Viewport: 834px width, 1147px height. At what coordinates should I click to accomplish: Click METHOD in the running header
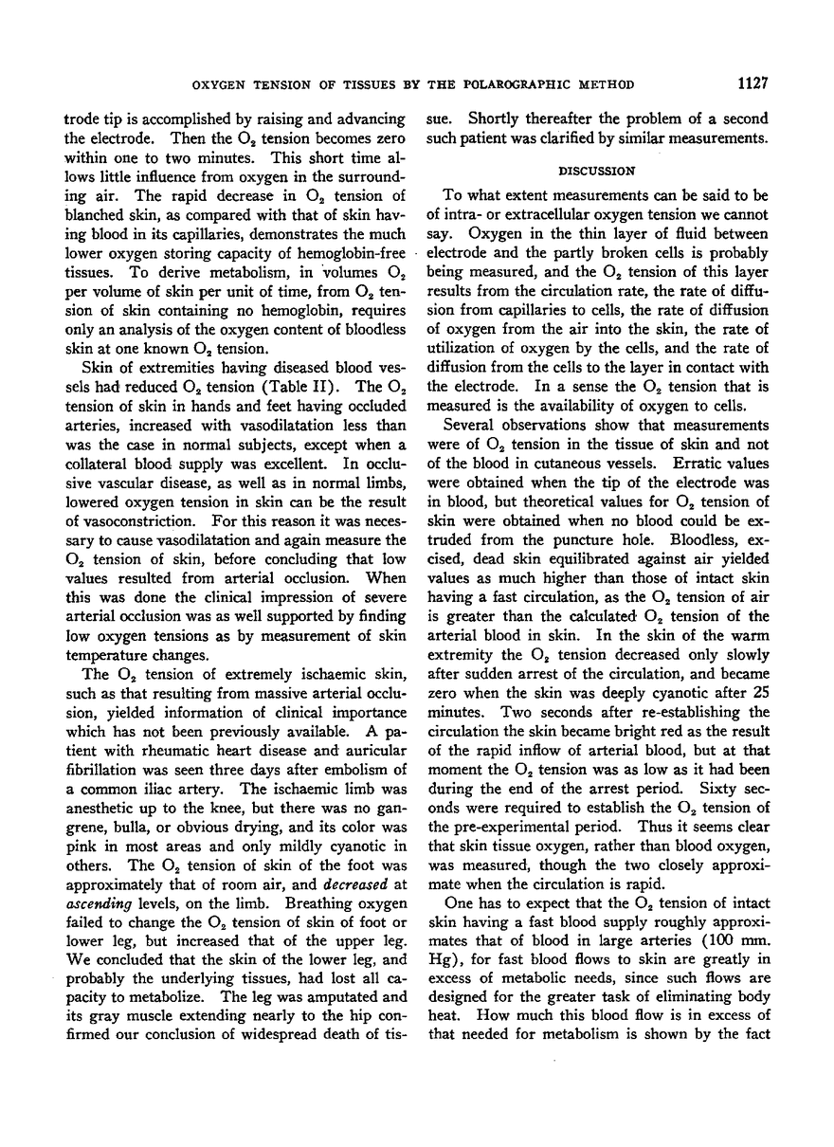[x=607, y=85]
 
